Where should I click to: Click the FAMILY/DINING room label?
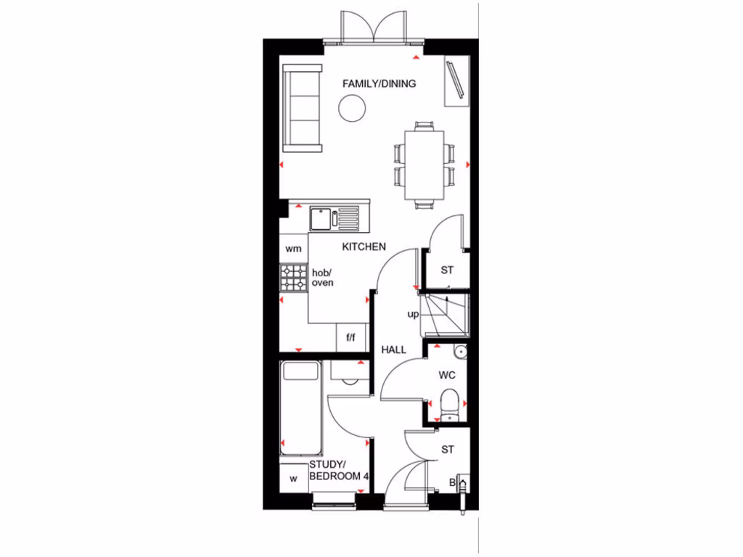pyautogui.click(x=379, y=83)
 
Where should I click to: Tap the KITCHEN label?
pyautogui.click(x=364, y=247)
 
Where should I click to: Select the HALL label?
pyautogui.click(x=394, y=350)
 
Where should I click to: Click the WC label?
pyautogui.click(x=447, y=376)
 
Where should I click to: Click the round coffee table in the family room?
pyautogui.click(x=353, y=110)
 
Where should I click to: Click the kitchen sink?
pyautogui.click(x=321, y=217)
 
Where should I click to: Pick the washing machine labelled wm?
pyautogui.click(x=293, y=249)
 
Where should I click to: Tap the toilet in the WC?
pyautogui.click(x=450, y=402)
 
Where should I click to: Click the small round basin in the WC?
pyautogui.click(x=458, y=352)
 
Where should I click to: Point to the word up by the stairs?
pyautogui.click(x=413, y=315)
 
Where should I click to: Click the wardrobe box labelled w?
pyautogui.click(x=294, y=479)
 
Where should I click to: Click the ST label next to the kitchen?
pyautogui.click(x=447, y=271)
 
